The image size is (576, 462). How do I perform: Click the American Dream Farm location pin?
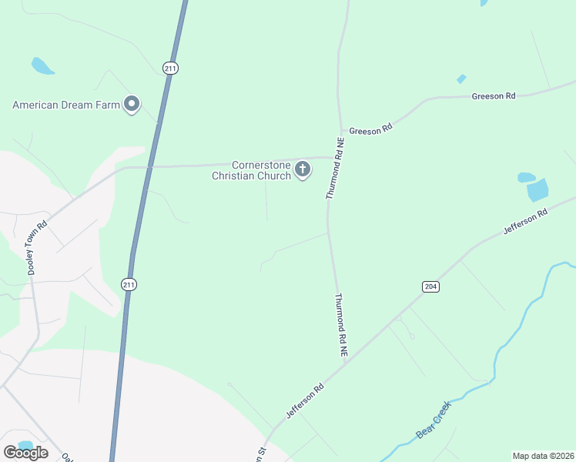pos(132,104)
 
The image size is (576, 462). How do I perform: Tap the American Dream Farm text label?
pos(66,105)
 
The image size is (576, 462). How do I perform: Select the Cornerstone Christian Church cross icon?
pos(303,169)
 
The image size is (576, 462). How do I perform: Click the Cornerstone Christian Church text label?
pos(252,170)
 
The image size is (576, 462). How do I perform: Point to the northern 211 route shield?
pos(171,69)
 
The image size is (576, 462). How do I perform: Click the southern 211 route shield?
pos(129,285)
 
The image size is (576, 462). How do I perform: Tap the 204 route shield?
pos(430,286)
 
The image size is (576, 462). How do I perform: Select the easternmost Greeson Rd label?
pos(494,96)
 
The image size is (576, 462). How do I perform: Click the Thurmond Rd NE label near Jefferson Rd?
pos(341,324)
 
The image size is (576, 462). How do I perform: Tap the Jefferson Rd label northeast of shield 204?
pos(525,220)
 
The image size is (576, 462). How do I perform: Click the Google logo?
pos(25,453)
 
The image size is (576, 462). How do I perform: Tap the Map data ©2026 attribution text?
pos(543,456)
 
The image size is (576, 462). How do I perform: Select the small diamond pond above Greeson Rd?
pos(461,79)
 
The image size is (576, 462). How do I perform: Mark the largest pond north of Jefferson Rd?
pos(537,189)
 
